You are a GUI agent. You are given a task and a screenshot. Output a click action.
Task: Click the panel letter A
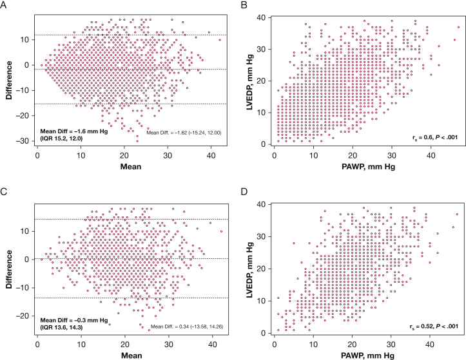point(5,6)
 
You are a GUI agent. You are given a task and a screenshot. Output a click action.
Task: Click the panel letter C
point(5,192)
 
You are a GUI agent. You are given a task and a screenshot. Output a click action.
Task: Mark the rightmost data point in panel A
point(220,39)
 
